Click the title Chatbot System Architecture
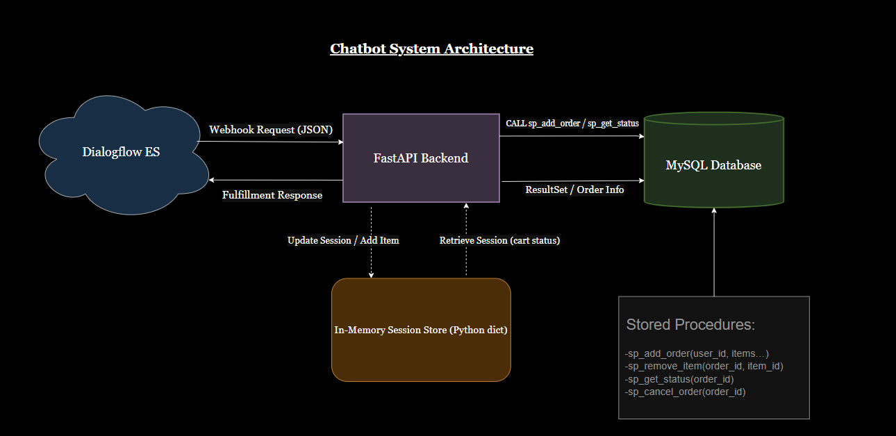tap(431, 49)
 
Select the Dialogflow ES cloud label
tap(121, 151)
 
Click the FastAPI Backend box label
tap(421, 158)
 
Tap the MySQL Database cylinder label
tap(713, 165)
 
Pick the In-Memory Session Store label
tap(421, 330)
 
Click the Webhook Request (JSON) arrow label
tap(271, 130)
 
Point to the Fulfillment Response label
tap(272, 195)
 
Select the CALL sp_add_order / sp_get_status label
tap(572, 124)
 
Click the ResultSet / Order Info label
tap(574, 190)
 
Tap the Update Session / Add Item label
tap(343, 240)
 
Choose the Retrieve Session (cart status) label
tap(499, 240)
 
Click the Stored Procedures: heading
tap(690, 324)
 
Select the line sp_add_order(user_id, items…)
tap(697, 353)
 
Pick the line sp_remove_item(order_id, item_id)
tap(704, 366)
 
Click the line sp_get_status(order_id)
tap(679, 379)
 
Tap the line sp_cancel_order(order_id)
tap(685, 392)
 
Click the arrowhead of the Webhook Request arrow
tap(340, 142)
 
